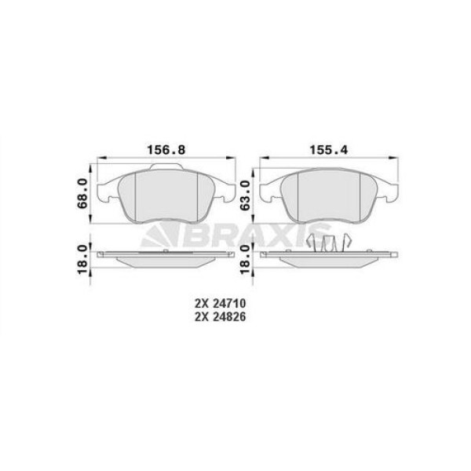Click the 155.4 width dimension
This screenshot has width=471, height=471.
pyautogui.click(x=323, y=148)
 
